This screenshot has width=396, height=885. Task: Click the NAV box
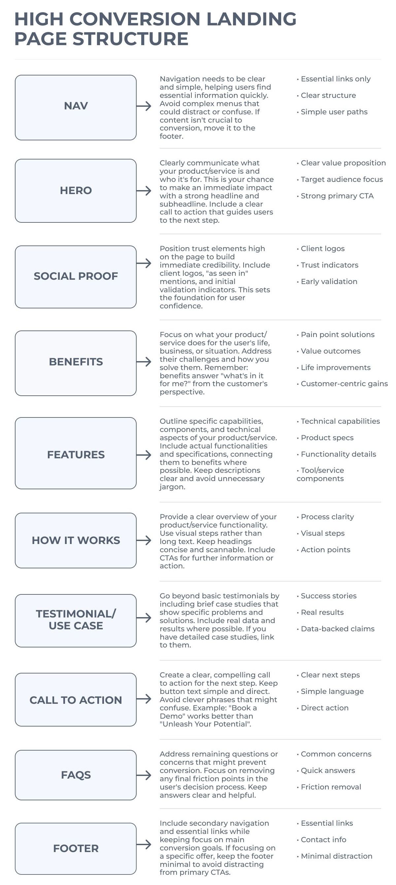click(x=76, y=107)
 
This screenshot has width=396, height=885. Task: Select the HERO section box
click(x=76, y=190)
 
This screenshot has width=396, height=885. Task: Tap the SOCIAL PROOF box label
click(x=76, y=276)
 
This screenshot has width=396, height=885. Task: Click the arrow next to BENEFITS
click(x=144, y=361)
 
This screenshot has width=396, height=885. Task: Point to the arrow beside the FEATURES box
click(x=144, y=455)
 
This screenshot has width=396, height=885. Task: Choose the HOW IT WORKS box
click(x=76, y=540)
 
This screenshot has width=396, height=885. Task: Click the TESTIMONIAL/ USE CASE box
click(x=76, y=620)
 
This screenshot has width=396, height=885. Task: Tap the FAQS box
click(x=76, y=775)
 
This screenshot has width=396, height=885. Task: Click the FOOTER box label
click(x=76, y=848)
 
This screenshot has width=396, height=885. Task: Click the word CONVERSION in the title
click(x=135, y=19)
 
